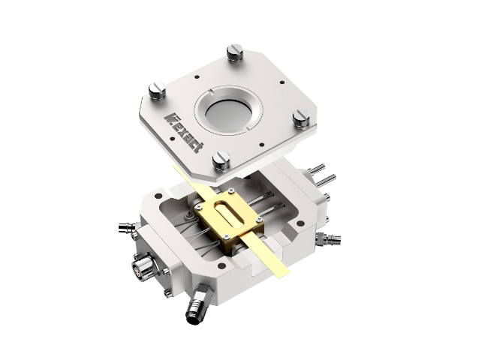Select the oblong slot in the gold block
click(229, 214)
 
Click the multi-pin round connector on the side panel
click(142, 265)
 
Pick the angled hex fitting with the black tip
click(198, 304)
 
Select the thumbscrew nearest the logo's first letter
click(158, 91)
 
